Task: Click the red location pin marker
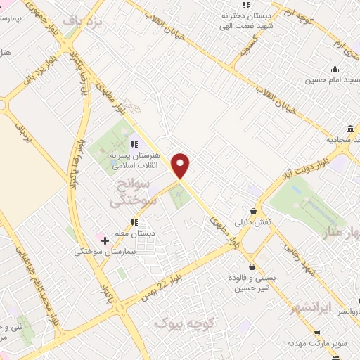[181, 165]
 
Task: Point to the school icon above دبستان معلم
[134, 223]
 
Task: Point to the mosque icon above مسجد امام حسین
[335, 69]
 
